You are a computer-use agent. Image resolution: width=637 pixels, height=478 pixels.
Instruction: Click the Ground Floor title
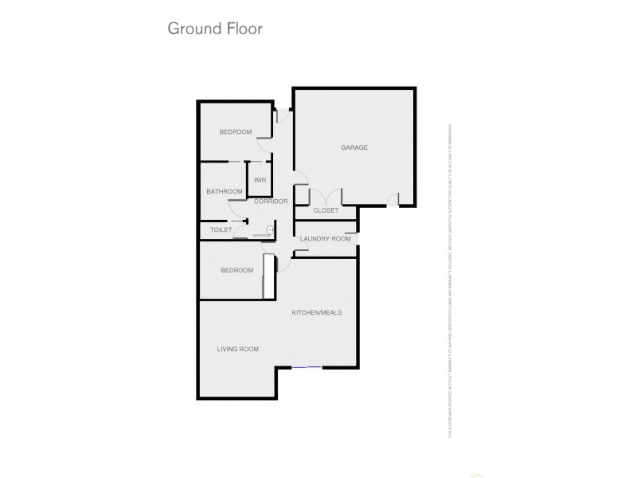point(214,29)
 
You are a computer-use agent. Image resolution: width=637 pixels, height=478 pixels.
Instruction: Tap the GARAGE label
point(354,147)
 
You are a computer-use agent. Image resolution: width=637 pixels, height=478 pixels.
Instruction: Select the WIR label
point(260,180)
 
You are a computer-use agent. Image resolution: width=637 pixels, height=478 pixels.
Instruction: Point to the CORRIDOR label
point(270,202)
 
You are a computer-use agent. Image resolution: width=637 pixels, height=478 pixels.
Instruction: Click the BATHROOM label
point(224,191)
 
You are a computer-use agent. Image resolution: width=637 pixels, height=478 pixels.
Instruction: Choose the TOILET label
point(220,230)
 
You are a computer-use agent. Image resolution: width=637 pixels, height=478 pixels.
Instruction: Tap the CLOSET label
point(326,210)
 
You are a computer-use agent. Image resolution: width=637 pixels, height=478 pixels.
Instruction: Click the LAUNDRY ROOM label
point(325,239)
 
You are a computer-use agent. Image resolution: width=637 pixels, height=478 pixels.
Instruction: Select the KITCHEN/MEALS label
point(316,312)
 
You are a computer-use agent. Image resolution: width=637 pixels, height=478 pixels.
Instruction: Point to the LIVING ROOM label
point(238,349)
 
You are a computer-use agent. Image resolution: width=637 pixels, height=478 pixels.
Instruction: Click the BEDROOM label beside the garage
point(236,131)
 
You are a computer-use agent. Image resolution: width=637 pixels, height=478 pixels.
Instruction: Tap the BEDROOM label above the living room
point(236,270)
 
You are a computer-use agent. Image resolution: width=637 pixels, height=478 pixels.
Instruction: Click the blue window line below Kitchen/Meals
point(307,366)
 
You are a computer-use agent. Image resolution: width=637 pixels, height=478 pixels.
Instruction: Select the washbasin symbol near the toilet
point(271,230)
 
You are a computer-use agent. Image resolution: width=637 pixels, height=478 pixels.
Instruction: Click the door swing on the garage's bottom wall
point(392,199)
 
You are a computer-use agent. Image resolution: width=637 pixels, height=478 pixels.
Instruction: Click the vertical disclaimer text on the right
point(450,279)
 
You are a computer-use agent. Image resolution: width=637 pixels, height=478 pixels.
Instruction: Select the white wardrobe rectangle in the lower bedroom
point(269,276)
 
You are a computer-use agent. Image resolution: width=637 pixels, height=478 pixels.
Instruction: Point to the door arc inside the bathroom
point(232,211)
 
